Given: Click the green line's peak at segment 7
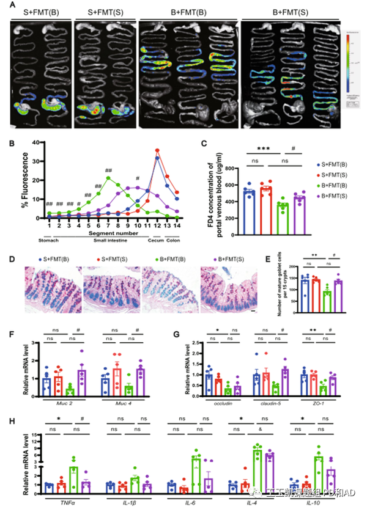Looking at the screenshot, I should tap(108, 178).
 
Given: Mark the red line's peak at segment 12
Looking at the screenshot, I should tap(158, 150).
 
